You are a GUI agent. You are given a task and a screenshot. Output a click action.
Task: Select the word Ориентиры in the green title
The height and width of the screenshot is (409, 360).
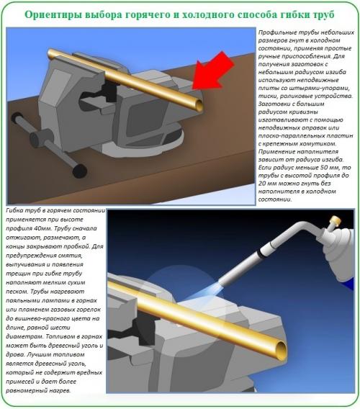55,14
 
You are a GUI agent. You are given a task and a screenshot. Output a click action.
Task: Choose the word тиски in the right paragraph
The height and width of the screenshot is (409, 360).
268,96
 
